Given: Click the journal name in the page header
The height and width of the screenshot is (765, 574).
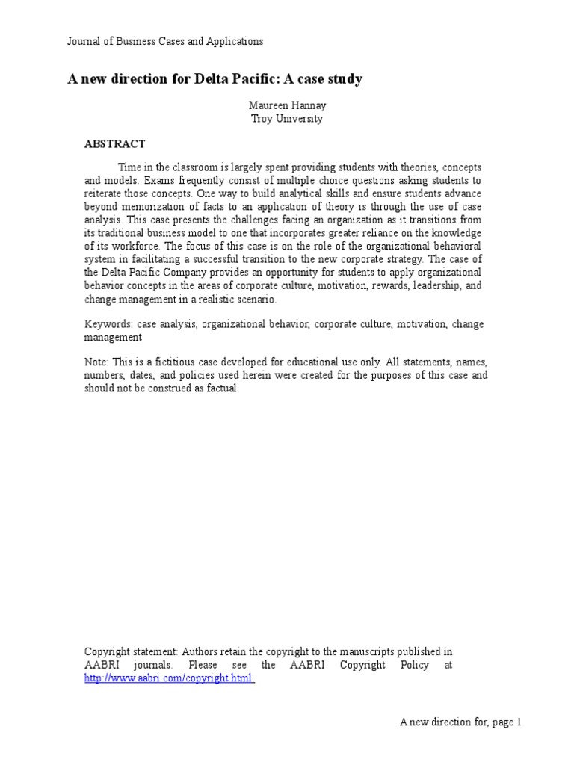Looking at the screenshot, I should coord(165,42).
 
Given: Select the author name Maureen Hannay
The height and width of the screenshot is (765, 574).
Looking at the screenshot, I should coord(287,105).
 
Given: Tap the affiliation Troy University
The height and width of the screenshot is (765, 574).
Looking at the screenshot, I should coord(287,119).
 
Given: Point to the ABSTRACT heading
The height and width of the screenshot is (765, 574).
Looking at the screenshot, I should coord(114,143).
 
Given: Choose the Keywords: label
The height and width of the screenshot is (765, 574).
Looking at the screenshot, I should coord(109,324).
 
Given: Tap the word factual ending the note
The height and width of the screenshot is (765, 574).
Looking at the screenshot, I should coord(221,389).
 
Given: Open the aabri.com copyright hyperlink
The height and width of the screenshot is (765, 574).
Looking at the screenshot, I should coord(169,678).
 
